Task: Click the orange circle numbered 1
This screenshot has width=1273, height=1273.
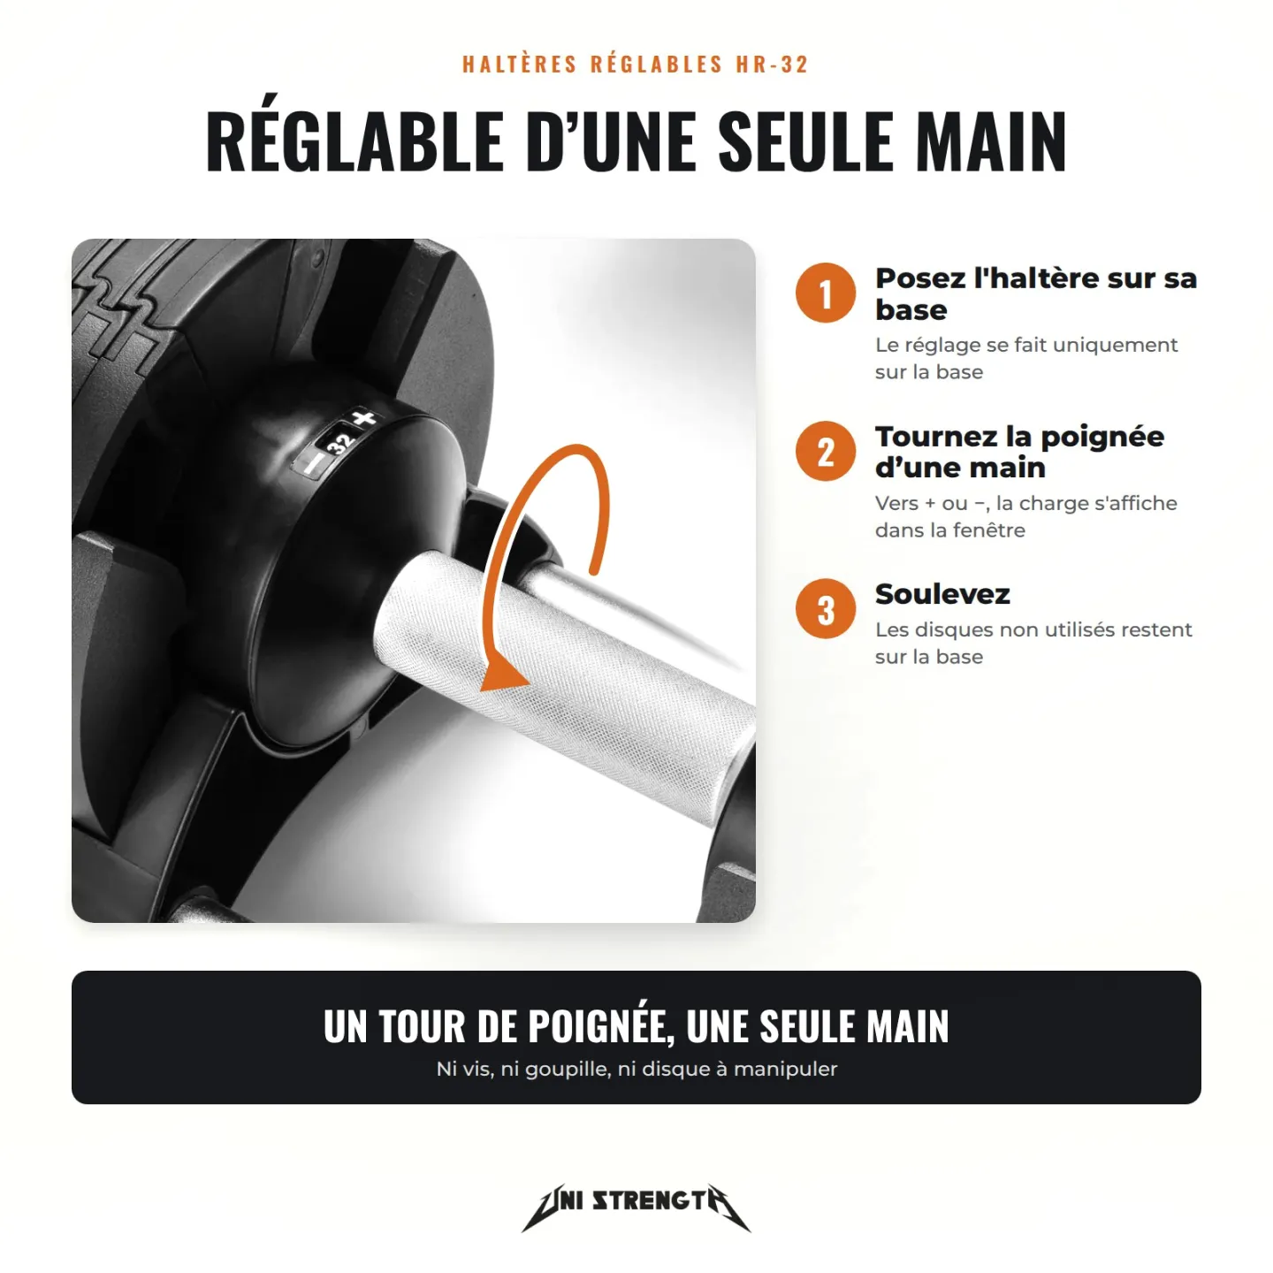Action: click(825, 293)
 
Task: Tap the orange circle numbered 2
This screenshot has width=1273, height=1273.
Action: click(825, 451)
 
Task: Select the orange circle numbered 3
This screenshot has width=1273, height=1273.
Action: click(825, 608)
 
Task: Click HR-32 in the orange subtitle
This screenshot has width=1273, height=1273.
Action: click(773, 65)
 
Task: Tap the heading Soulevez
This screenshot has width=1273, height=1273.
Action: click(942, 594)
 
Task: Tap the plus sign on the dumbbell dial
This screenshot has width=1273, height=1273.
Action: click(364, 419)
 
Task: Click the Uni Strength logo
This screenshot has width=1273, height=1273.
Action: click(636, 1208)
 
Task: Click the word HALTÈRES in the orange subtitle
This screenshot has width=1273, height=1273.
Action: click(520, 65)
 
